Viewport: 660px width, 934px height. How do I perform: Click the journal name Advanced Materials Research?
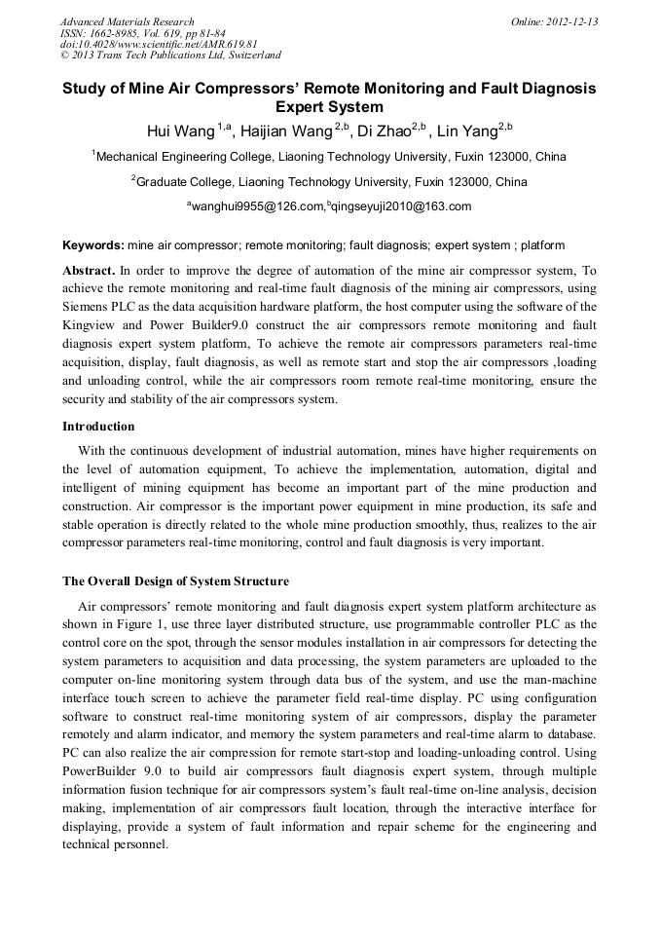point(127,21)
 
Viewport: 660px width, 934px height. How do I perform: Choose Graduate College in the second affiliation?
point(184,182)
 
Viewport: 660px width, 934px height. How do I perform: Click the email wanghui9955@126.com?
point(257,206)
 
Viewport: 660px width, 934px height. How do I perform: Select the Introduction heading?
point(98,427)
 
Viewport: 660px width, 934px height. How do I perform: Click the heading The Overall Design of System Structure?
point(175,581)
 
